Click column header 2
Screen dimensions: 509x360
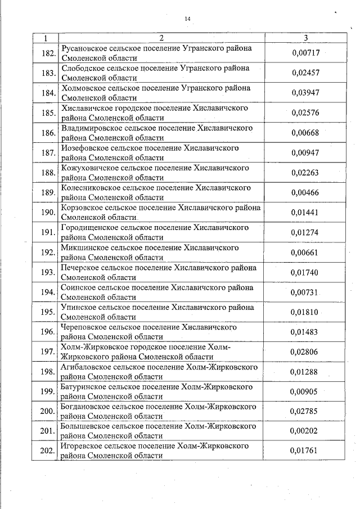[x=161, y=38]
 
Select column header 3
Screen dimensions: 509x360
[x=305, y=38]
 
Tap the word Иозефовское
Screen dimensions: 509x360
[x=85, y=148]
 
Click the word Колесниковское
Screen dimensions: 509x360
[x=90, y=188]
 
